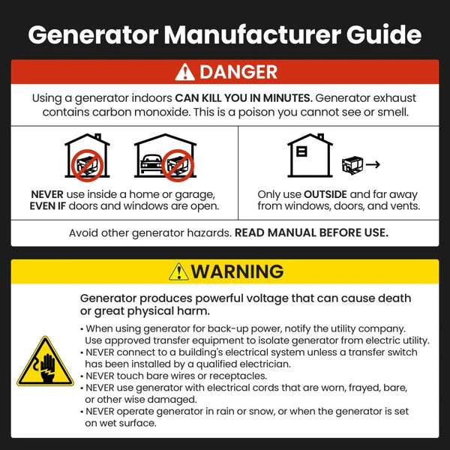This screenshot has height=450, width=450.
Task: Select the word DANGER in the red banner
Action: (x=238, y=73)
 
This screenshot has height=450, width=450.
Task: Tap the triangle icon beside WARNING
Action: (x=178, y=271)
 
